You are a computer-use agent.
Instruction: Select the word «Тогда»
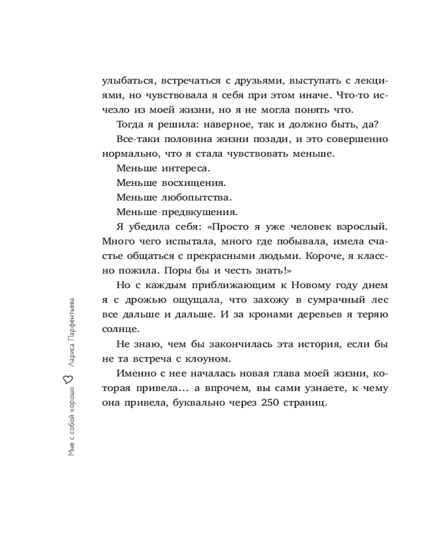point(131,124)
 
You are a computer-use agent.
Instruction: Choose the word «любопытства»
point(197,197)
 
